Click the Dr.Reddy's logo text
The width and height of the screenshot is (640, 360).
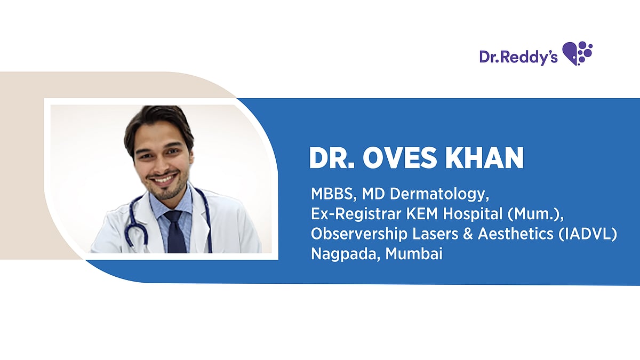click(518, 57)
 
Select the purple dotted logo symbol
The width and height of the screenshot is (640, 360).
click(578, 53)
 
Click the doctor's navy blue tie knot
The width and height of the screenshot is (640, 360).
click(173, 217)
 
